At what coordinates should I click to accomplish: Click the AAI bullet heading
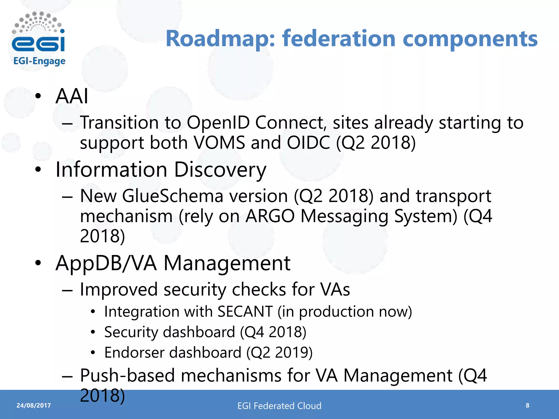click(72, 96)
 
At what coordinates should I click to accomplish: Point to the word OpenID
click(218, 122)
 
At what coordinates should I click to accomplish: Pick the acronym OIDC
click(308, 142)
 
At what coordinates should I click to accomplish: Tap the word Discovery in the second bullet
click(220, 170)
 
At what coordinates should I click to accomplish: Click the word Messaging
click(344, 217)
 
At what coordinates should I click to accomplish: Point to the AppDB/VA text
click(106, 263)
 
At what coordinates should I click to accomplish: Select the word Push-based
click(127, 376)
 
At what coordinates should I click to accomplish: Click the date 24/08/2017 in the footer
click(34, 405)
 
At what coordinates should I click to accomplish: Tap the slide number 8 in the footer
click(527, 405)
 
